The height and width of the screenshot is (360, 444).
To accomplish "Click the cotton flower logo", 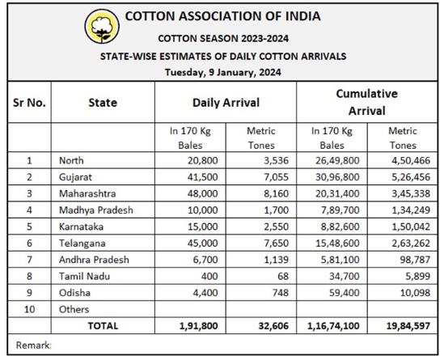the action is [102, 27].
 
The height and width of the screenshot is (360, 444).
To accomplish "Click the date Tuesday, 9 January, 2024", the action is [223, 72].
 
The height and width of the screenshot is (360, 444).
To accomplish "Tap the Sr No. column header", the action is [29, 103].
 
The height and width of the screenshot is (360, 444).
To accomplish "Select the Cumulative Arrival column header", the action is [366, 102].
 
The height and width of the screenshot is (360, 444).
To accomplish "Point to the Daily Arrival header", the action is [226, 103].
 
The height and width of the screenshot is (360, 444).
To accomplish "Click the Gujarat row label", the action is [75, 177].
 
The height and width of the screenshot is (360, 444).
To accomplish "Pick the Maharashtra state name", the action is [87, 193].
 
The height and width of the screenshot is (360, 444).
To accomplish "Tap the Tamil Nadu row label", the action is [84, 276].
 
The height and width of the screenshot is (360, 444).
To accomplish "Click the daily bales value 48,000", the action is [202, 193].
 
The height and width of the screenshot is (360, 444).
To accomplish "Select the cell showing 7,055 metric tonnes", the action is [276, 177].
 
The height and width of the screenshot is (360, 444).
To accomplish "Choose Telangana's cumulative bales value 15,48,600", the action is [337, 244].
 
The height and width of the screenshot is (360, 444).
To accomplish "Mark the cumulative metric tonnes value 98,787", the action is [415, 260].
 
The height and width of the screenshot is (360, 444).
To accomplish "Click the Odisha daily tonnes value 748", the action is [280, 293].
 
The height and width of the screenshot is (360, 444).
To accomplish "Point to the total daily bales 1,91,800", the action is [198, 326].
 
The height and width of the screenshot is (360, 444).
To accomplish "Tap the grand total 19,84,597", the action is [408, 326].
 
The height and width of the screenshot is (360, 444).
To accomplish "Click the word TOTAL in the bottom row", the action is [103, 326].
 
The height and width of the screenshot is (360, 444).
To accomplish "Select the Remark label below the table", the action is [33, 345].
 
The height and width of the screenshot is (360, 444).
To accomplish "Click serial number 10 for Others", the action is [29, 309].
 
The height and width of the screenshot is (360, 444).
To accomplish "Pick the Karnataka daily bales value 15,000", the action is [202, 227].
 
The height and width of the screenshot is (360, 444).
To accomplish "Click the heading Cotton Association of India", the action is [222, 16].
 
